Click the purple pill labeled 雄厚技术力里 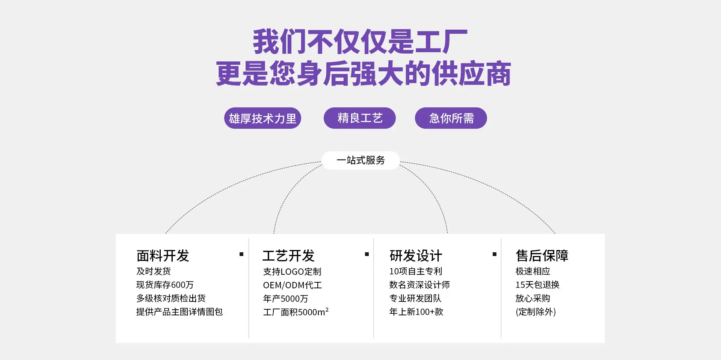[x=262, y=118]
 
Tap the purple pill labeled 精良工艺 [x=360, y=118]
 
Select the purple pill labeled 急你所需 [x=451, y=118]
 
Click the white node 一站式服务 [x=360, y=160]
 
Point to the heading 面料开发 [x=163, y=256]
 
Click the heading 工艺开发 [x=288, y=256]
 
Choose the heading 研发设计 [x=416, y=256]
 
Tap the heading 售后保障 [x=542, y=256]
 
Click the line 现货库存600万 [x=165, y=285]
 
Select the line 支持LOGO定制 [x=292, y=271]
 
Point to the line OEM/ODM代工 [x=293, y=285]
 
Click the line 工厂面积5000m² [x=296, y=312]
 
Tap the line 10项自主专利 [x=416, y=271]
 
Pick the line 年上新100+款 [x=416, y=312]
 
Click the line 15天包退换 [x=537, y=285]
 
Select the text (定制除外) [x=535, y=312]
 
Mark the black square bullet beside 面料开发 [x=241, y=254]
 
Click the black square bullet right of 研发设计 [x=495, y=254]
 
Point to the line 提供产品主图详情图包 [x=179, y=312]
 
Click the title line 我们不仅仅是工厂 [x=360, y=42]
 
